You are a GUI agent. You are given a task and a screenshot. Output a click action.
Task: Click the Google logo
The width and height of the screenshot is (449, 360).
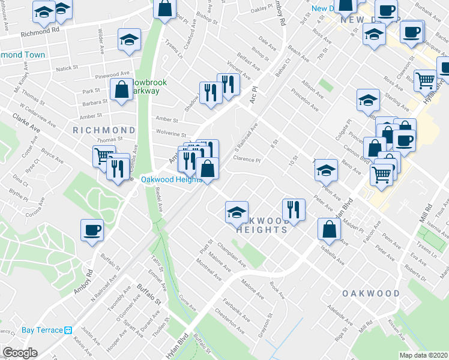click(x=20, y=353)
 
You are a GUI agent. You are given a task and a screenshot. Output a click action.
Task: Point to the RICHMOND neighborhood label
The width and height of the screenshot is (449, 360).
click(x=104, y=130)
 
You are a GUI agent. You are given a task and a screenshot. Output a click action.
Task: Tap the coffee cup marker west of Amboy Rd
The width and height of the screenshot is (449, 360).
click(x=92, y=230)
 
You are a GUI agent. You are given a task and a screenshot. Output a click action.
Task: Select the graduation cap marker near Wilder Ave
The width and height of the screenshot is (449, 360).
click(x=129, y=40)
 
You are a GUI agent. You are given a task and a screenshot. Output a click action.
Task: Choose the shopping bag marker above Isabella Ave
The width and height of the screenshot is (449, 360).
click(x=329, y=229)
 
